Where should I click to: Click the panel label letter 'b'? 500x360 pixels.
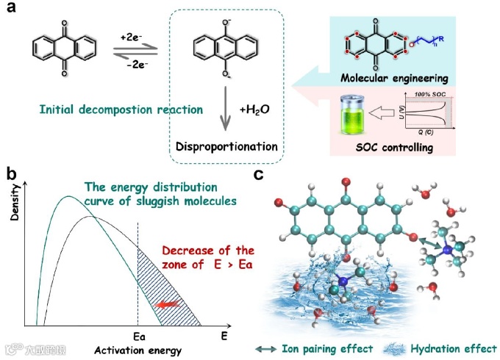[12, 174]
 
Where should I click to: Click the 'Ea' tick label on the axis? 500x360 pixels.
[137, 335]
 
